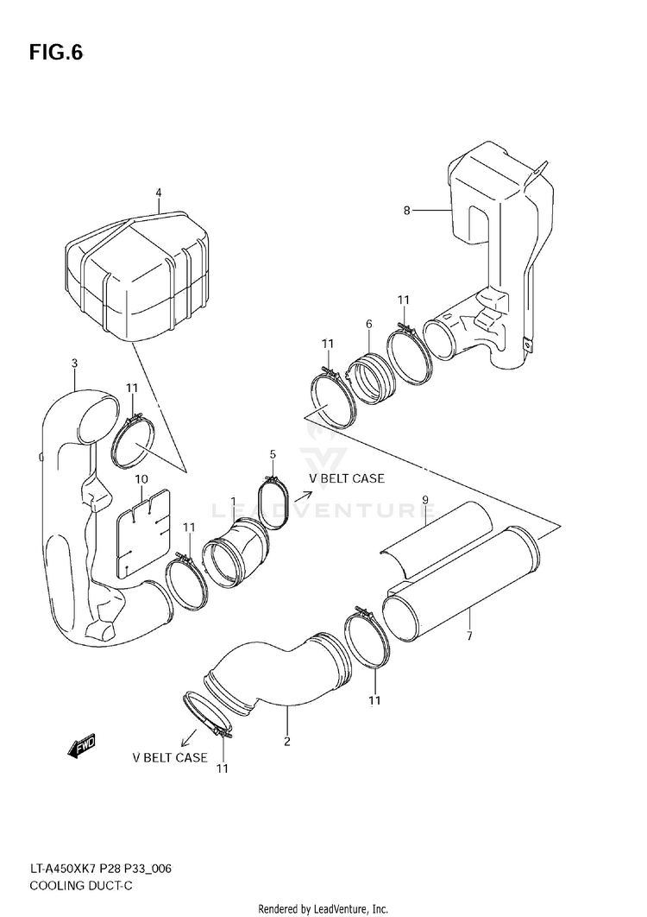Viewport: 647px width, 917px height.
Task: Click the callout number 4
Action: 159,193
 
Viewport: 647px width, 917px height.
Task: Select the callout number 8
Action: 406,210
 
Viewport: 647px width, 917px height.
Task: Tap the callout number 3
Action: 75,364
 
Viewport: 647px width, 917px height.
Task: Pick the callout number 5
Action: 273,454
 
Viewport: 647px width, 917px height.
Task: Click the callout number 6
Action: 368,324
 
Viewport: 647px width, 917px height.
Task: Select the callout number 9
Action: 425,499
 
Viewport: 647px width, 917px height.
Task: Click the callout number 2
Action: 287,740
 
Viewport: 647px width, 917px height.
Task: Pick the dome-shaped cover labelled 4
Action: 139,268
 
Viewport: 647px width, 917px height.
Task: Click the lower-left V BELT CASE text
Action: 169,758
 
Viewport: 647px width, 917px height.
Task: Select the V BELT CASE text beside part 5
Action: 346,478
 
